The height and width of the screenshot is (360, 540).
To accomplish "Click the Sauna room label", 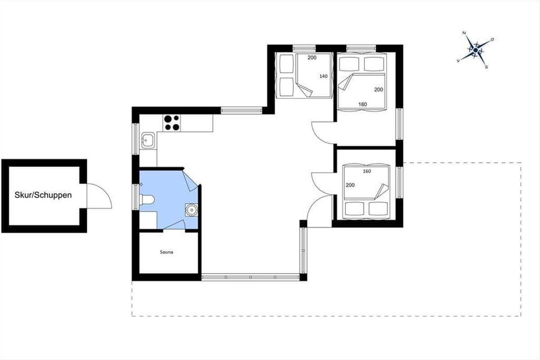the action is point(166,252).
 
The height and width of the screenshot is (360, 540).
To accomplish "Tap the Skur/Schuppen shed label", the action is point(43,195).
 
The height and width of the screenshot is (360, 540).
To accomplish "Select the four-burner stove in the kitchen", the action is point(172,123).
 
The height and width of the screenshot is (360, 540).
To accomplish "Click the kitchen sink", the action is point(148,140).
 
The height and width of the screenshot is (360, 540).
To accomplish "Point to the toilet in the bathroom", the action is point(147,200).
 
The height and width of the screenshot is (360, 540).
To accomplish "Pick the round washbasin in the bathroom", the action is point(191,210).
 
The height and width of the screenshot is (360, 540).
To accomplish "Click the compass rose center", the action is point(475,50).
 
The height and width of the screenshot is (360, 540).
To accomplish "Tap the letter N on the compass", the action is point(464,33).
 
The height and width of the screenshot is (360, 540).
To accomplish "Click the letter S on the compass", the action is point(486,67).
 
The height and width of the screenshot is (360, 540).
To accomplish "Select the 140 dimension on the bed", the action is point(324,76).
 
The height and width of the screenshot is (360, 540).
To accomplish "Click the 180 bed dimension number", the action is point(363,104).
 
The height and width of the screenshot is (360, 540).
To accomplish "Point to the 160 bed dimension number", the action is point(367,171).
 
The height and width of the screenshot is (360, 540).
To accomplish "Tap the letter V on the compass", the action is point(458,61).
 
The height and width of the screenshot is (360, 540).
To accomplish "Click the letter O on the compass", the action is point(492,39).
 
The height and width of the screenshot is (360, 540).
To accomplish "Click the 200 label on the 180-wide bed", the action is point(379,90).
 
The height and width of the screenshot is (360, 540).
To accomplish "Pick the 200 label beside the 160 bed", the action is point(350,185).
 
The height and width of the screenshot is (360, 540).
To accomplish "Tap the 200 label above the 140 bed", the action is point(312,58).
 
